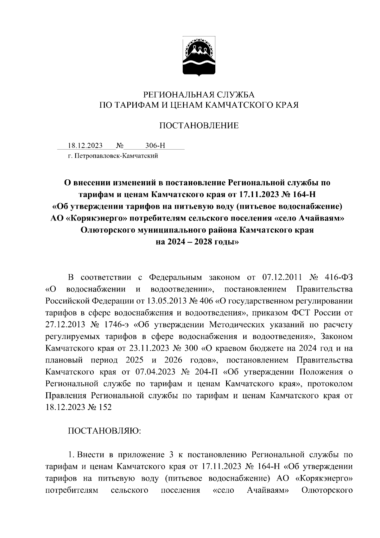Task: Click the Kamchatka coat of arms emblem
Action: click(x=199, y=56)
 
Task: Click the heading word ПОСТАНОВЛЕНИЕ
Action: click(x=199, y=125)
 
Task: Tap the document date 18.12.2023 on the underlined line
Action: click(x=85, y=146)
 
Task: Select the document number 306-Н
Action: click(x=155, y=146)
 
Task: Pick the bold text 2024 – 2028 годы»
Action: click(x=199, y=242)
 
